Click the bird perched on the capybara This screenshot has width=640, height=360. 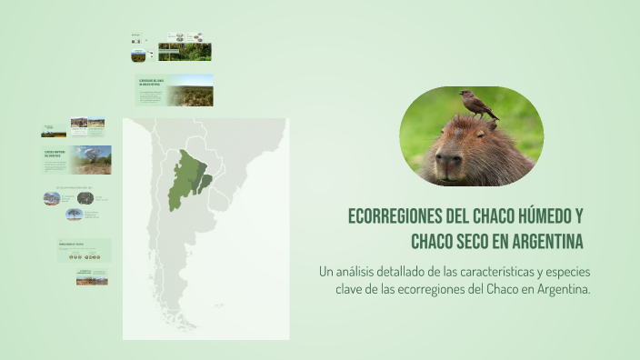tap(477, 105)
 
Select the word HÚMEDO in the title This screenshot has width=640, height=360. tap(538, 218)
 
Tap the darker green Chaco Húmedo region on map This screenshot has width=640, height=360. tap(205, 182)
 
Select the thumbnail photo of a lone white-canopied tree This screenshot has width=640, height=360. tap(92, 160)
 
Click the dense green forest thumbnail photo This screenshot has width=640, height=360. tap(185, 52)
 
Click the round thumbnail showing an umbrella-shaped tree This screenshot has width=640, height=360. tap(75, 215)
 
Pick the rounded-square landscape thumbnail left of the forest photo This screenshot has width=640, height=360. tap(138, 55)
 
